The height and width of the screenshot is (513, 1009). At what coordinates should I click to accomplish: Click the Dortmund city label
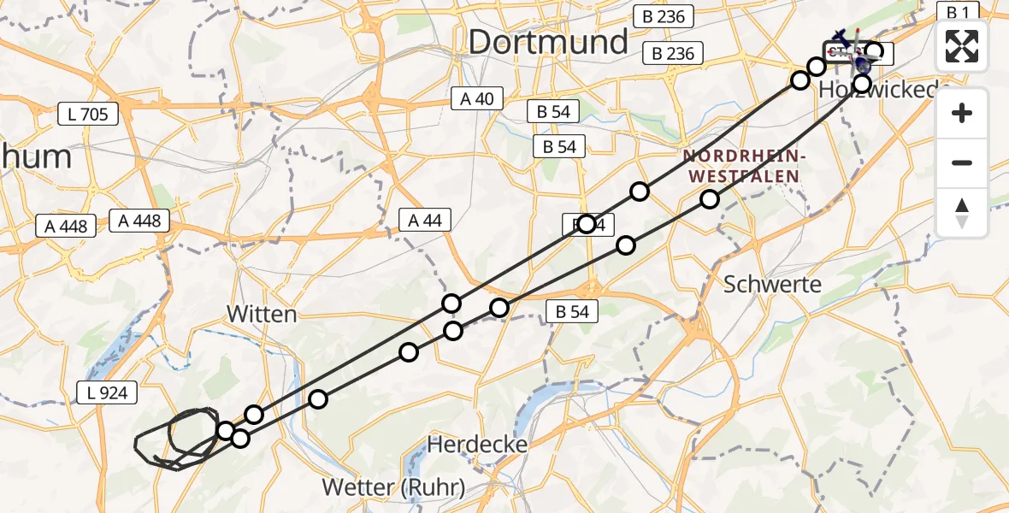point(548,41)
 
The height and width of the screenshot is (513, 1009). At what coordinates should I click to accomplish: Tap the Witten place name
point(262,314)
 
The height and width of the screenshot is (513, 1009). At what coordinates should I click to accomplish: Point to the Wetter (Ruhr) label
point(393,488)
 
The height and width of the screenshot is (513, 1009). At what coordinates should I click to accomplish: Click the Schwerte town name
point(772,285)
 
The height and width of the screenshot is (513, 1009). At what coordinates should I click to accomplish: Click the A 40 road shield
point(477,99)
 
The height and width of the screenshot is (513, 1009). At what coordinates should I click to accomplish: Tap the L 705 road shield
point(88,114)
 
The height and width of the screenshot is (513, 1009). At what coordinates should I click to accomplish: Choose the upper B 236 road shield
point(664,16)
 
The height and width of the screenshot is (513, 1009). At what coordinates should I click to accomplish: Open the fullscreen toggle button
point(962,46)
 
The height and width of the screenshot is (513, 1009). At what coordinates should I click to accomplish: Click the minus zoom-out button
point(962,162)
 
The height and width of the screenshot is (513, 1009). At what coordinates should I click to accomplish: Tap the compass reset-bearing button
point(962,213)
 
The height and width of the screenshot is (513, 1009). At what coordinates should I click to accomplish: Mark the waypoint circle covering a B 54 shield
point(587,224)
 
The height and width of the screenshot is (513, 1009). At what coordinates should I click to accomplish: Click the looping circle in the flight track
point(192,432)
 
